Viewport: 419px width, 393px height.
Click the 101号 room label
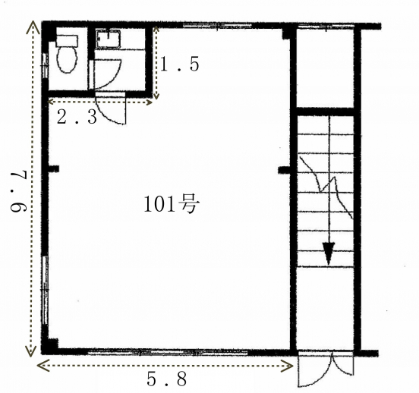[x=172, y=204]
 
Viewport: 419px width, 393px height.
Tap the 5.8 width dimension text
[x=166, y=379]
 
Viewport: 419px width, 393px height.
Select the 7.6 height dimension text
[x=19, y=191]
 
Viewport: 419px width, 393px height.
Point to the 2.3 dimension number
[x=77, y=118]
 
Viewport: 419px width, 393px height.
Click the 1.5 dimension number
[x=180, y=64]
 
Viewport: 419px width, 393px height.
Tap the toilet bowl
[x=67, y=59]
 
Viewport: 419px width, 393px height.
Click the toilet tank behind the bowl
[x=67, y=41]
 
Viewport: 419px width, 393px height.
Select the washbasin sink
[x=109, y=39]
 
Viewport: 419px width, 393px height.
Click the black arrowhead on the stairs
[x=329, y=253]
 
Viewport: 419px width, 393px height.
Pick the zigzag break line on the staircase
[x=326, y=187]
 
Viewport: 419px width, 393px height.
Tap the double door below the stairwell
[x=326, y=369]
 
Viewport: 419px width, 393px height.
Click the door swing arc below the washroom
[x=110, y=109]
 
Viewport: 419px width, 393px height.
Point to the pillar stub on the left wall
[x=53, y=168]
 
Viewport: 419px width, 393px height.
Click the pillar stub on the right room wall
[x=285, y=170]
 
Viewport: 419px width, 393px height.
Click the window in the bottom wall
[x=168, y=352]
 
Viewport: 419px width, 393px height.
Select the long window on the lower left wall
[x=45, y=291]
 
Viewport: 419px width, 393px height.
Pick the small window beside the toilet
[x=45, y=66]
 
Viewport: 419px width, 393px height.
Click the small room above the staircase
[x=325, y=68]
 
